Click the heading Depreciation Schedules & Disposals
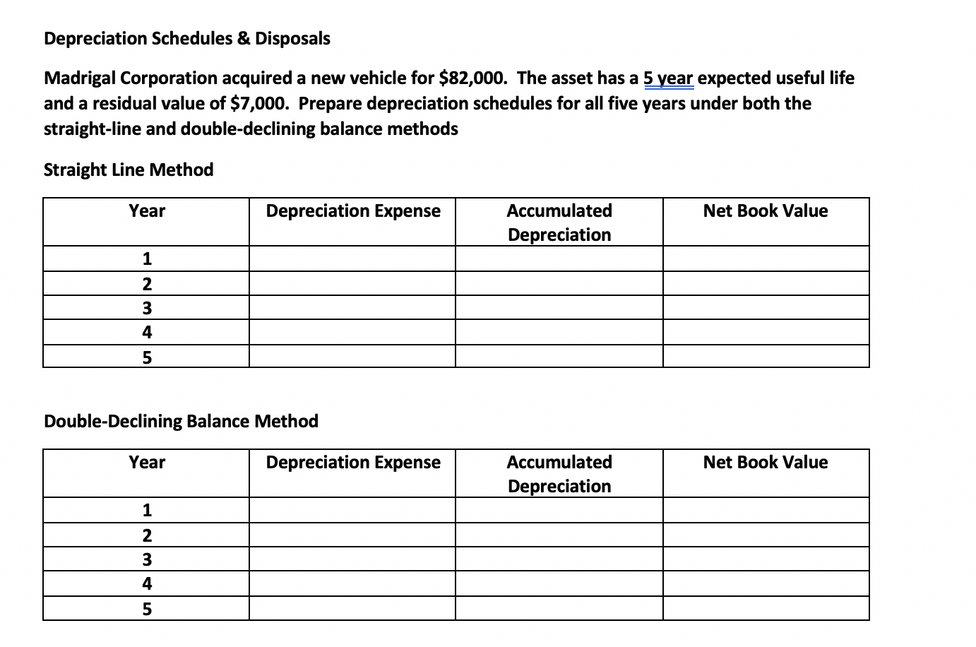tap(186, 39)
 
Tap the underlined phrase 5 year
tap(668, 78)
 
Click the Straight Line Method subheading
tap(128, 170)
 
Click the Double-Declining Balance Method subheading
tap(181, 422)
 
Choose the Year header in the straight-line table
tap(147, 211)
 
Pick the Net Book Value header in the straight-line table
tap(765, 211)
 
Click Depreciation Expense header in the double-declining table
tap(352, 463)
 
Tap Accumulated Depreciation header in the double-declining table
tap(559, 474)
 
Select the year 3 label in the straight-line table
tap(147, 308)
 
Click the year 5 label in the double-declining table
tap(147, 609)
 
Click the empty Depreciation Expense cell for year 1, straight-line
tap(352, 259)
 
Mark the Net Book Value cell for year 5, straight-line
tap(766, 357)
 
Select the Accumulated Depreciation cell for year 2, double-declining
tap(559, 535)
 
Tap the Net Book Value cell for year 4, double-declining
tap(766, 583)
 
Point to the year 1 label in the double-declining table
tap(147, 510)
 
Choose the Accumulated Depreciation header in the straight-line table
tap(559, 222)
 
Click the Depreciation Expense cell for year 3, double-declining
tap(352, 559)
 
